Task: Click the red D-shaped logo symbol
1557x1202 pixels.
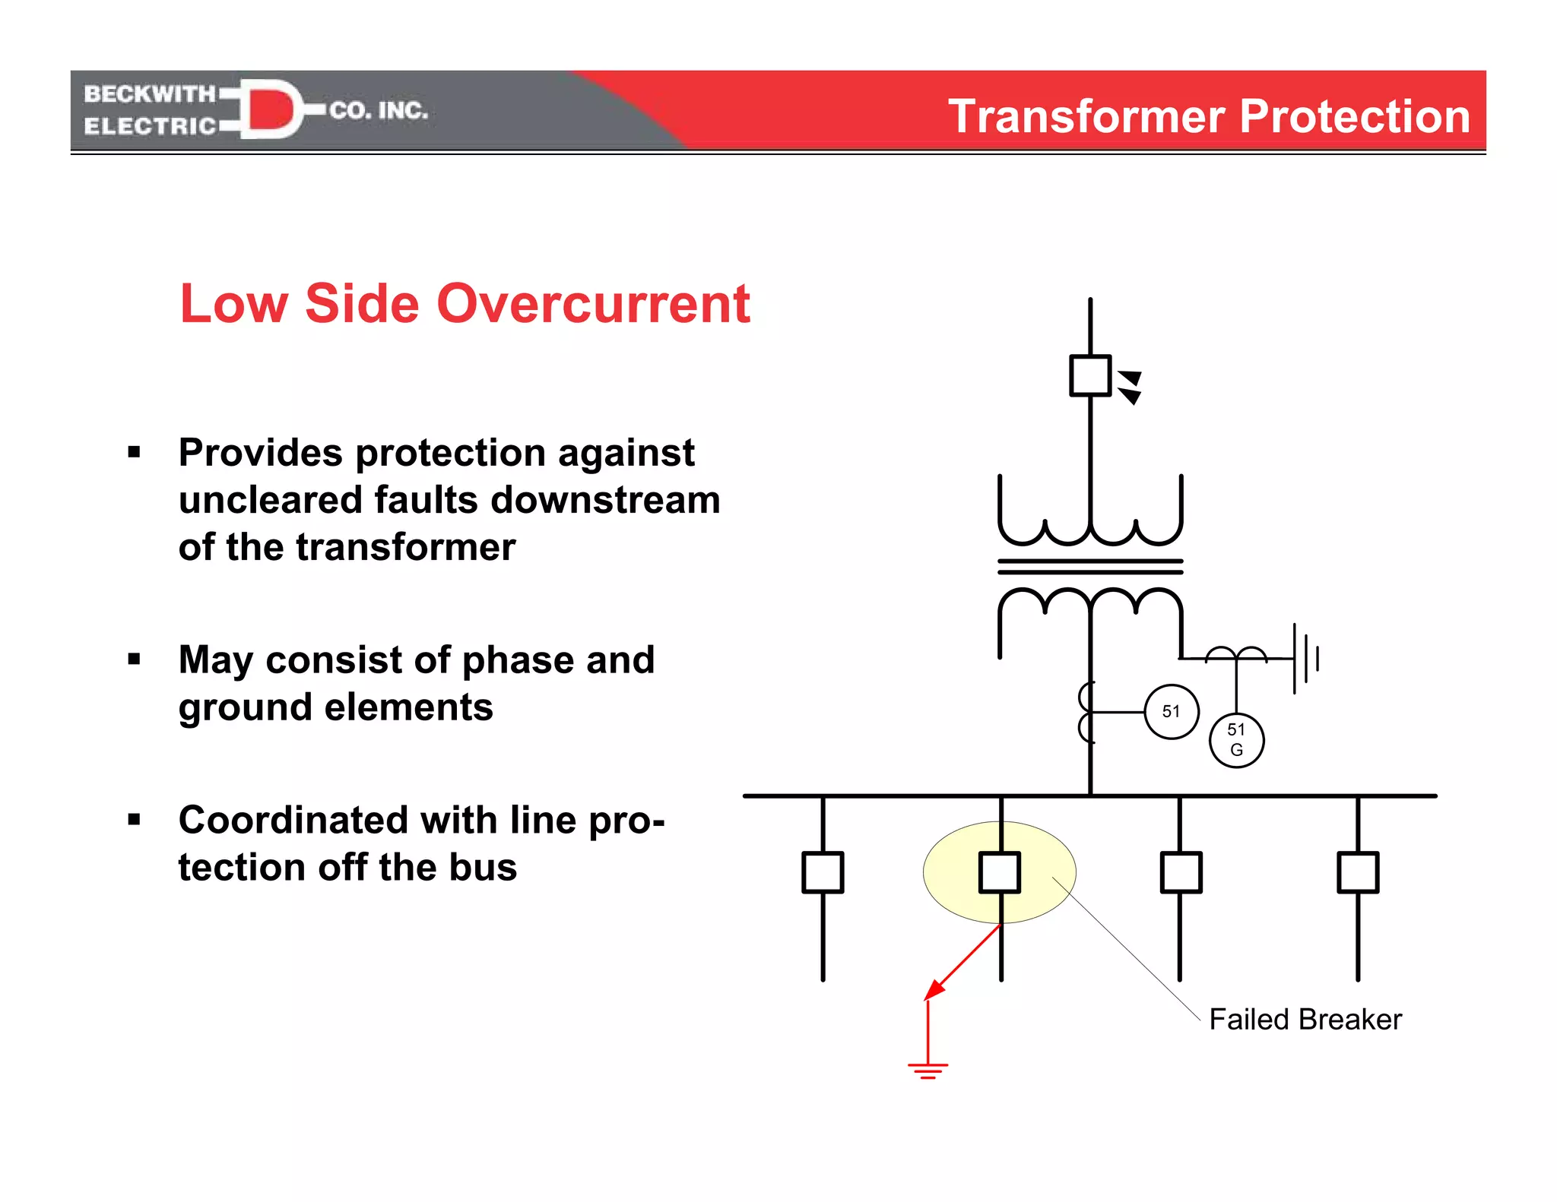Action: [x=270, y=109]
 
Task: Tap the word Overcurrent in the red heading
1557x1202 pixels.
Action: [x=593, y=304]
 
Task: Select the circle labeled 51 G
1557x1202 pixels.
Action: [x=1236, y=740]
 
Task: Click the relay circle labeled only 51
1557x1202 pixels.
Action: [x=1171, y=712]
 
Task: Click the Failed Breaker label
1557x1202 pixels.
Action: [x=1305, y=1019]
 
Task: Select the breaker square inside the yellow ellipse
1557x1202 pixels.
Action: [x=1000, y=872]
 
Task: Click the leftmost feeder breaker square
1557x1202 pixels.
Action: [x=823, y=872]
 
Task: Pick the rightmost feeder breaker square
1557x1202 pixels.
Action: [x=1358, y=872]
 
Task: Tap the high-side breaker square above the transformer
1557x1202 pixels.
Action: [x=1090, y=375]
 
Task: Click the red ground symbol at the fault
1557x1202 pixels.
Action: [x=928, y=1070]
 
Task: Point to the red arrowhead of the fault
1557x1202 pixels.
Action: [x=934, y=989]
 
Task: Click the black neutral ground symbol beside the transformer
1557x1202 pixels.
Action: [x=1306, y=658]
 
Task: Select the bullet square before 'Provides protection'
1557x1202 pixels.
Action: [x=135, y=453]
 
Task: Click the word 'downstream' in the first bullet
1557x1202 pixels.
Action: [x=605, y=500]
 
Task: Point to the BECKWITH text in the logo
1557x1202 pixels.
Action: [x=150, y=93]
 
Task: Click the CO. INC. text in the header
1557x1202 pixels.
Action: [x=379, y=111]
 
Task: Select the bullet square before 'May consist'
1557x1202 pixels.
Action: [x=135, y=660]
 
